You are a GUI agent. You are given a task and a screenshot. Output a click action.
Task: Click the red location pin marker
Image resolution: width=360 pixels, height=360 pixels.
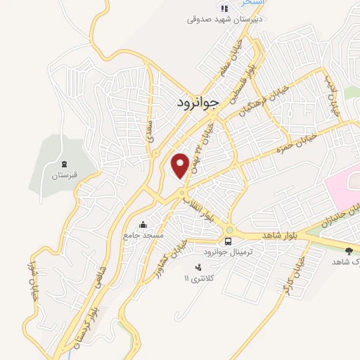click(x=181, y=165)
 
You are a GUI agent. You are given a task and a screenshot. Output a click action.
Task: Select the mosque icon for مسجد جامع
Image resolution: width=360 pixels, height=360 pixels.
click(x=143, y=225)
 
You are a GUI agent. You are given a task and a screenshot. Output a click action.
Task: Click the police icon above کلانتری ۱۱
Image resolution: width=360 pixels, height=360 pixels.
click(x=198, y=266)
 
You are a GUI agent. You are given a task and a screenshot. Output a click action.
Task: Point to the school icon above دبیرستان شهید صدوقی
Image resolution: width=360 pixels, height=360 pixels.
click(x=224, y=8)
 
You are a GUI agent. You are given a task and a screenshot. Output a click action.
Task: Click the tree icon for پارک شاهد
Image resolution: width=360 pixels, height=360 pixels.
click(x=349, y=250)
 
